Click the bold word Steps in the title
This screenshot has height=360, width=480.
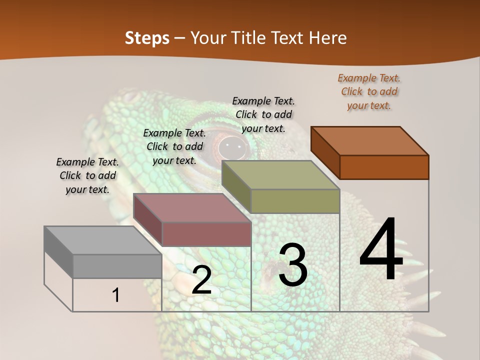click(147, 38)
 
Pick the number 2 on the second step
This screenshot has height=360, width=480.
click(201, 280)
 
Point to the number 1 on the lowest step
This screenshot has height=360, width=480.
click(116, 295)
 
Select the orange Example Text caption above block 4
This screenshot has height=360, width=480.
click(369, 91)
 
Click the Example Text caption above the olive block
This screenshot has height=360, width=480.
click(263, 114)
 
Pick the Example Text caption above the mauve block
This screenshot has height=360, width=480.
click(174, 146)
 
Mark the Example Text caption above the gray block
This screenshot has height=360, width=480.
click(87, 175)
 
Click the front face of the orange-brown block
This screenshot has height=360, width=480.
click(384, 167)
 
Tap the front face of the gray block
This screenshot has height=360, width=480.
click(117, 266)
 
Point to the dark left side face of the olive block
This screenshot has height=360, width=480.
click(236, 186)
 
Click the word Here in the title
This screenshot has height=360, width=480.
click(328, 38)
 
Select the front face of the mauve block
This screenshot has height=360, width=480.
click(206, 234)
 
